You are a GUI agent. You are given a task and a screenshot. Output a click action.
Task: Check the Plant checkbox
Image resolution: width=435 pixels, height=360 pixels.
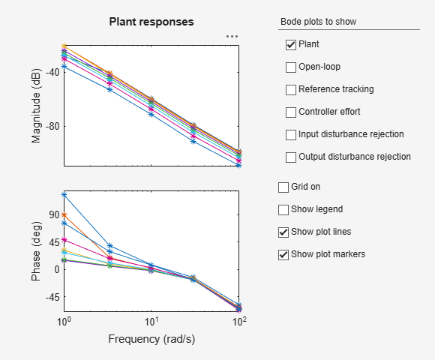pos(291,45)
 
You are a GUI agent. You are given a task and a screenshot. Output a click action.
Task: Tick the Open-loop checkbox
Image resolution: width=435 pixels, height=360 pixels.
pos(291,67)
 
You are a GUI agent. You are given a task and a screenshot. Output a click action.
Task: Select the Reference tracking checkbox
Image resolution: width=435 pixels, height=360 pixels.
pos(291,90)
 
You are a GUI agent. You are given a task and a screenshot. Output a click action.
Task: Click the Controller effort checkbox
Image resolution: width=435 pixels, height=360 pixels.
pos(291,112)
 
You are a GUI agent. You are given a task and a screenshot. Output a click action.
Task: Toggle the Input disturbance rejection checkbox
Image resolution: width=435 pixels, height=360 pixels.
pos(291,135)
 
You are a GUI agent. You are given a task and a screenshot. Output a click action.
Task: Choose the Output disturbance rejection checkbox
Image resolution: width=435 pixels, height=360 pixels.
pos(291,157)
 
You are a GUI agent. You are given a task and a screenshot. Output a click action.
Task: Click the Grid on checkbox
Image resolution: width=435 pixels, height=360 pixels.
pos(283,187)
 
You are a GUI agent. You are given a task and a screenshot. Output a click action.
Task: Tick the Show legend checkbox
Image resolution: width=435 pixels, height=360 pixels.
pos(283,209)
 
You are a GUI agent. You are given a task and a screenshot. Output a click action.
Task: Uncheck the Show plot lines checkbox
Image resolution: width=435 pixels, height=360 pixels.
pos(283,232)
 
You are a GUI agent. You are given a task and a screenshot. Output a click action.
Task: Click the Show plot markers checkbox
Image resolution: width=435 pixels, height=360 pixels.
pos(283,254)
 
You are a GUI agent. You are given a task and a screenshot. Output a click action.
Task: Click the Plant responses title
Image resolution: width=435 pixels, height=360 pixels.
pos(151,22)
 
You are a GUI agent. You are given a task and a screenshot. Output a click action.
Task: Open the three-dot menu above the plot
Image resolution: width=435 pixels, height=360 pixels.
pos(232,36)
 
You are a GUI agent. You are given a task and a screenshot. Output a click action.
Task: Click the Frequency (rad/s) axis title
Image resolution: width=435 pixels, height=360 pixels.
pos(151,338)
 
